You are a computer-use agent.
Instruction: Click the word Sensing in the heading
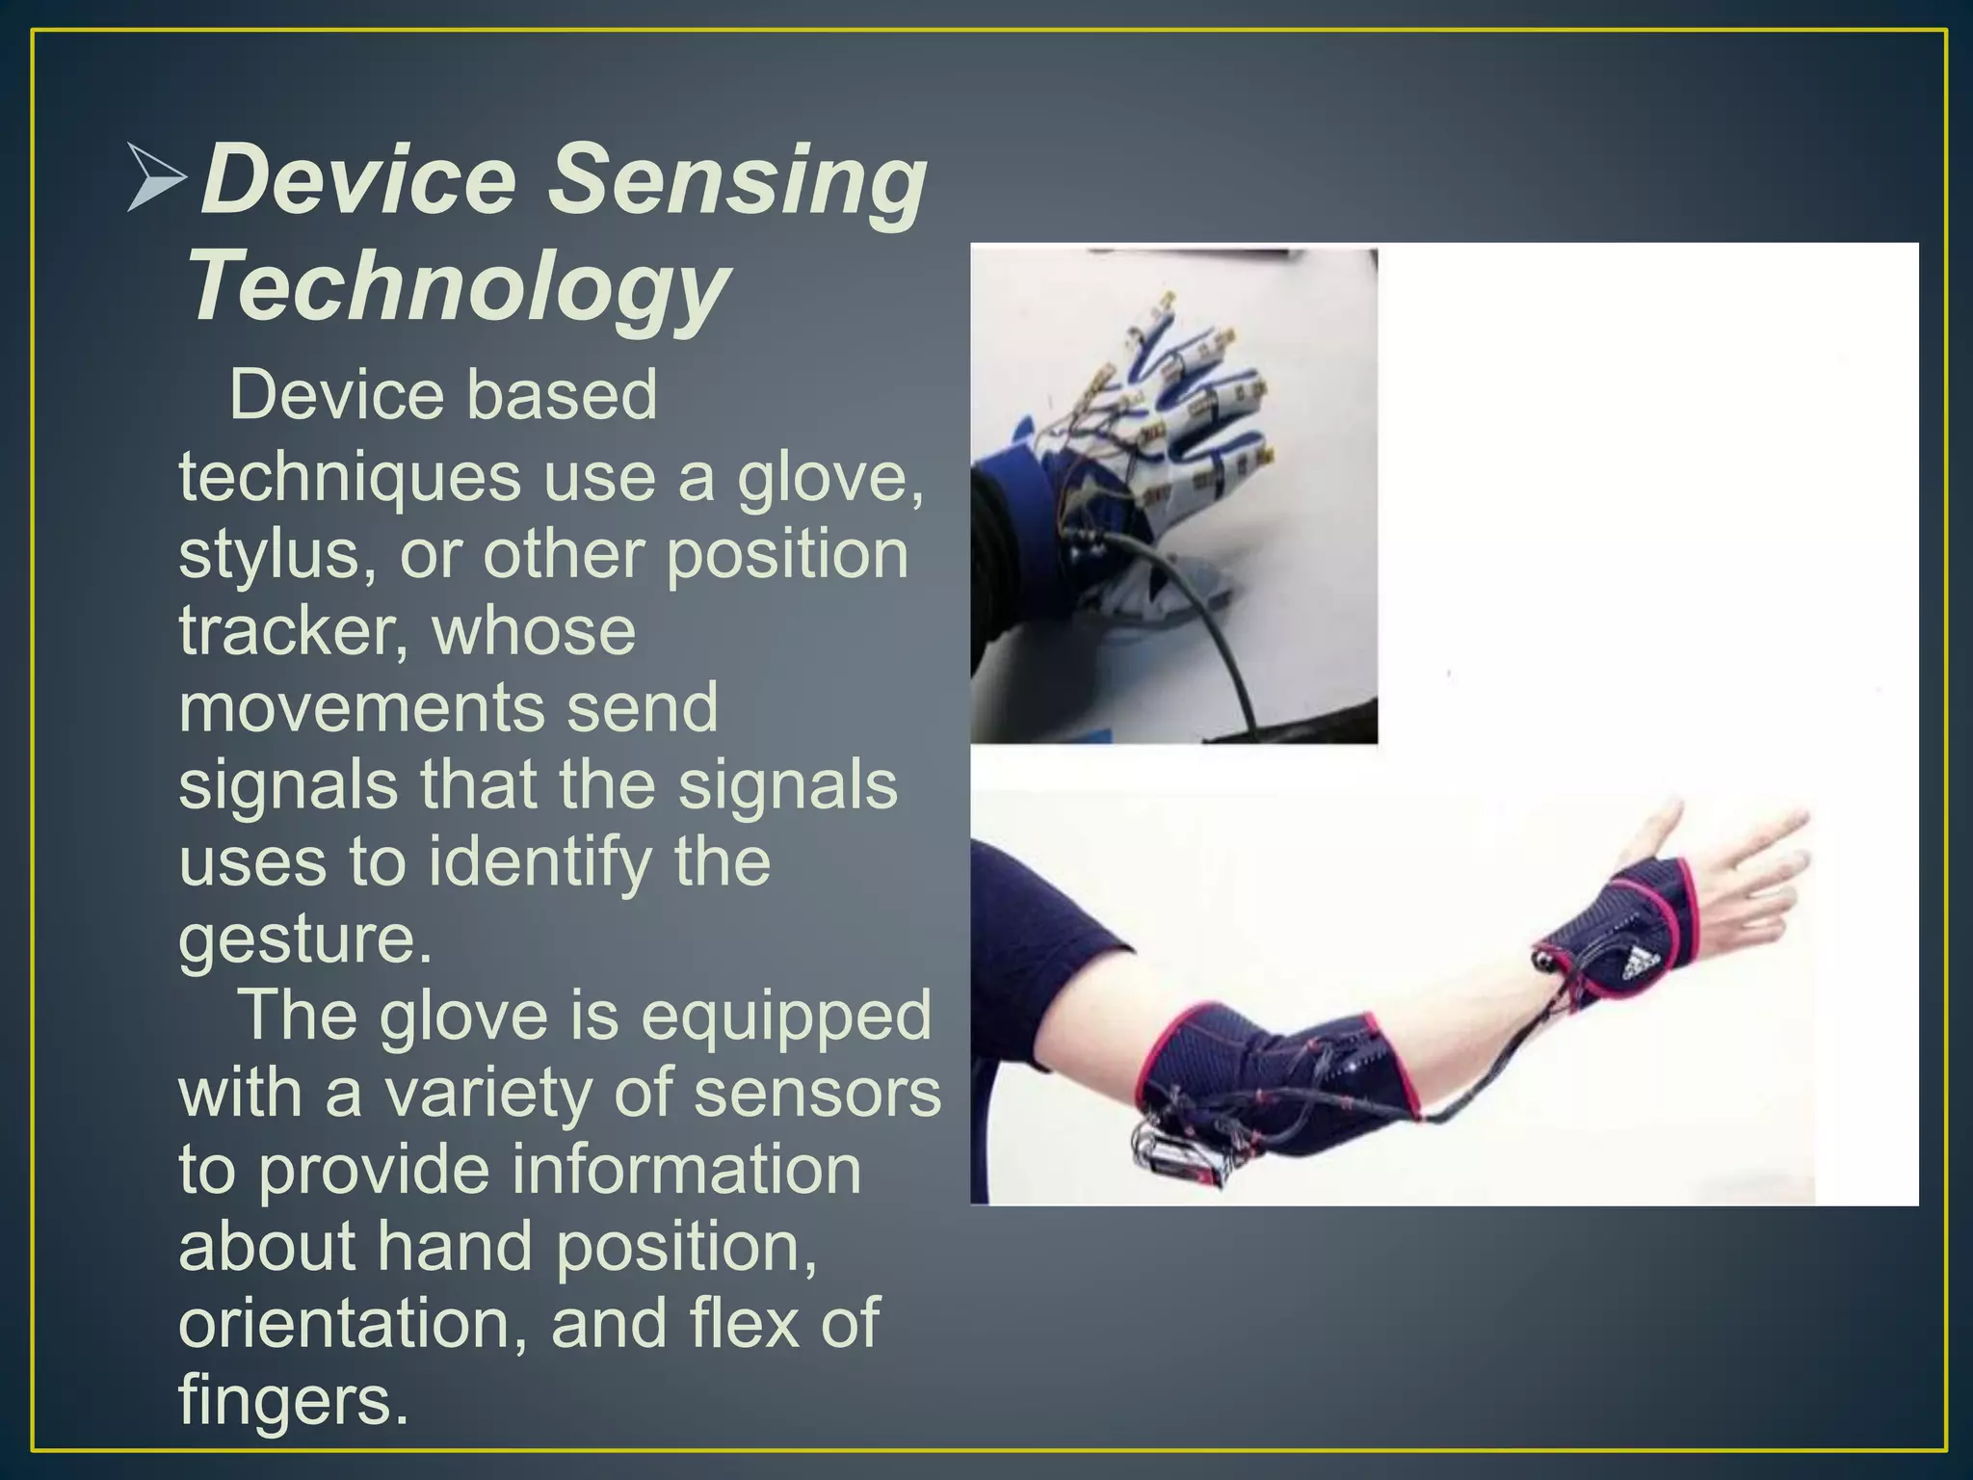(x=737, y=180)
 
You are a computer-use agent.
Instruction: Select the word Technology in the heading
(x=458, y=286)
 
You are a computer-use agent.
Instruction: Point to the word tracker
(x=291, y=631)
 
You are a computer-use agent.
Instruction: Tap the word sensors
(x=817, y=1093)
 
